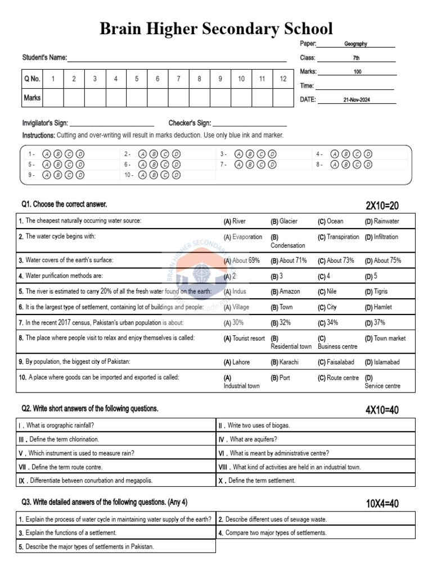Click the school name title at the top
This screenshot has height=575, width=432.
coord(216,29)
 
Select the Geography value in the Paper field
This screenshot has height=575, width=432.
coord(355,43)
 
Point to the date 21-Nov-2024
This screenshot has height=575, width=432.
coord(357,100)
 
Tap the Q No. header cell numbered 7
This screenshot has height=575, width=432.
coord(178,79)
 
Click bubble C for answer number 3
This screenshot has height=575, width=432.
coord(260,154)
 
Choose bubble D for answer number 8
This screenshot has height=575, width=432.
coord(368,165)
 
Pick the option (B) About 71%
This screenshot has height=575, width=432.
coord(289,261)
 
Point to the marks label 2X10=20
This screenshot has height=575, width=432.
coord(382,206)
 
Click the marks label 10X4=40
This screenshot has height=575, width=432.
coord(382,504)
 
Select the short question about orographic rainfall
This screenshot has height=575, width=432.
coord(56,426)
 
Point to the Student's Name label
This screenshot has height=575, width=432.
coord(44,57)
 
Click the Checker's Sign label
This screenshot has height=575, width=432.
coord(190,123)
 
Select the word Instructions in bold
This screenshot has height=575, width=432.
coord(38,135)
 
